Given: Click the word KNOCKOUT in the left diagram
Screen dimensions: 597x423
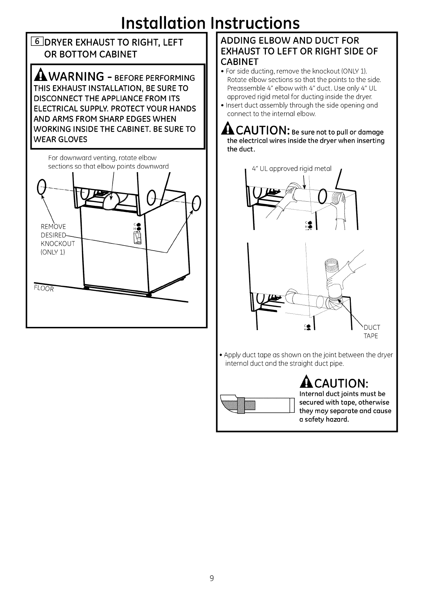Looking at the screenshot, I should pos(58,243).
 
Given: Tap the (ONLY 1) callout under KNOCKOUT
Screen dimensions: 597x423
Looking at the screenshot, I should pos(53,252).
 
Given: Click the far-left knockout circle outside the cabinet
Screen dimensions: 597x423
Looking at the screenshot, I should pos(42,185).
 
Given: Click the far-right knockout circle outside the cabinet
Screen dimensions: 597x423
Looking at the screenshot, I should pos(196,203).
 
